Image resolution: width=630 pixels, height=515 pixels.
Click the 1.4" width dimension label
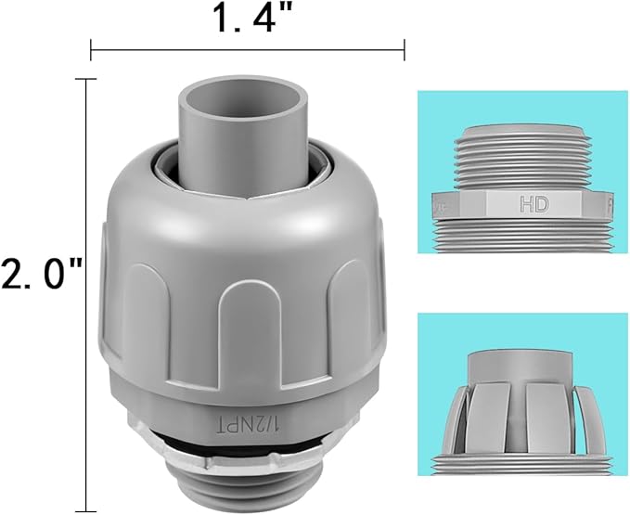click(x=248, y=19)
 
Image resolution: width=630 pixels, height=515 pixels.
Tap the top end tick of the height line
click(x=86, y=80)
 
